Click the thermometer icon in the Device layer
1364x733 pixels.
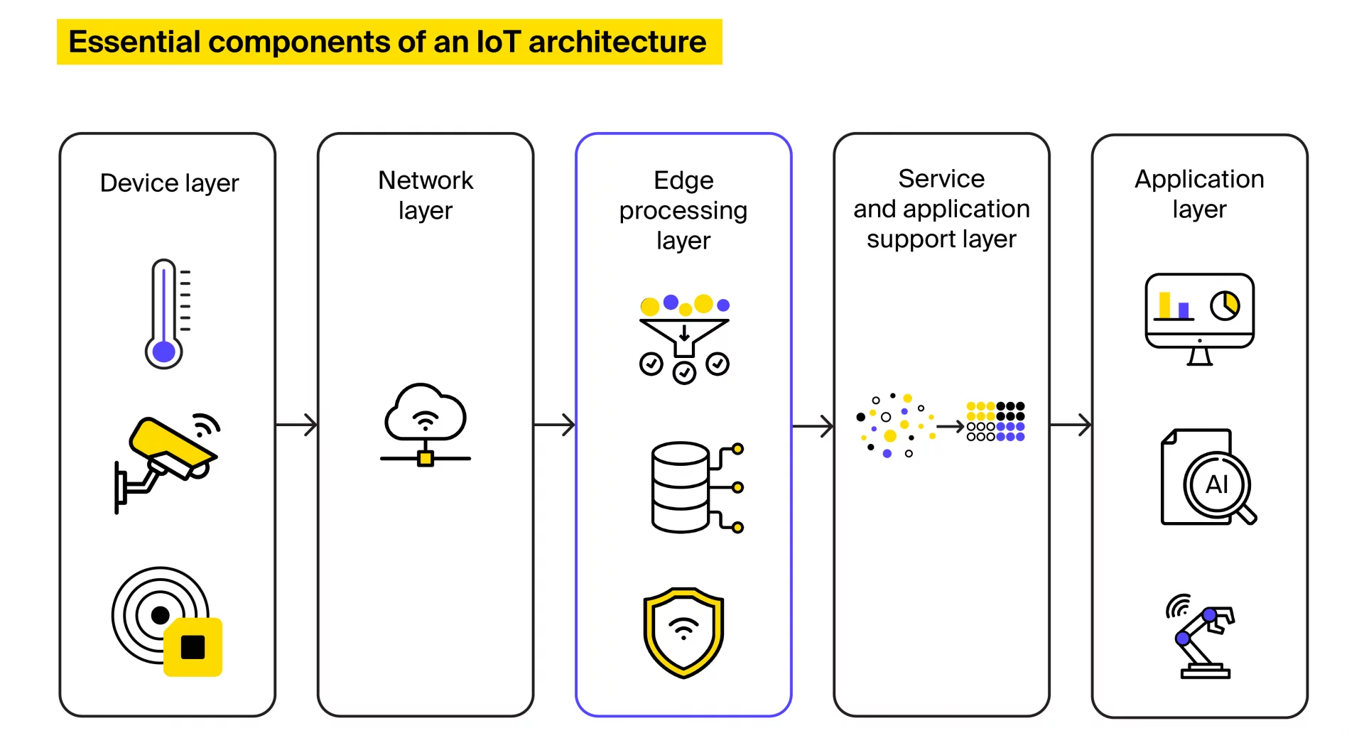pyautogui.click(x=165, y=313)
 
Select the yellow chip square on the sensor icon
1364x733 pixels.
pyautogui.click(x=193, y=647)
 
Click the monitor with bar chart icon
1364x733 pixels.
pyautogui.click(x=1199, y=317)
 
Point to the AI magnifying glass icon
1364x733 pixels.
pyautogui.click(x=1218, y=485)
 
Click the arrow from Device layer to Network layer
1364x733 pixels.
pyautogui.click(x=296, y=425)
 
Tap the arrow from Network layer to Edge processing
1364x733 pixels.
pyautogui.click(x=554, y=425)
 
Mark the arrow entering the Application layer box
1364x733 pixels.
pyautogui.click(x=1071, y=425)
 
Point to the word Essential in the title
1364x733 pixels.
pyautogui.click(x=135, y=42)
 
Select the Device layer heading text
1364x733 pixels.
pyautogui.click(x=169, y=183)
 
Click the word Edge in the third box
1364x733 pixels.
pyautogui.click(x=683, y=180)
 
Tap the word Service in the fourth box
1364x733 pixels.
pyautogui.click(x=941, y=179)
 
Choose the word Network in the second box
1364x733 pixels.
pyautogui.click(x=425, y=180)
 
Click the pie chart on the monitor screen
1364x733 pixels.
pyautogui.click(x=1225, y=305)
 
